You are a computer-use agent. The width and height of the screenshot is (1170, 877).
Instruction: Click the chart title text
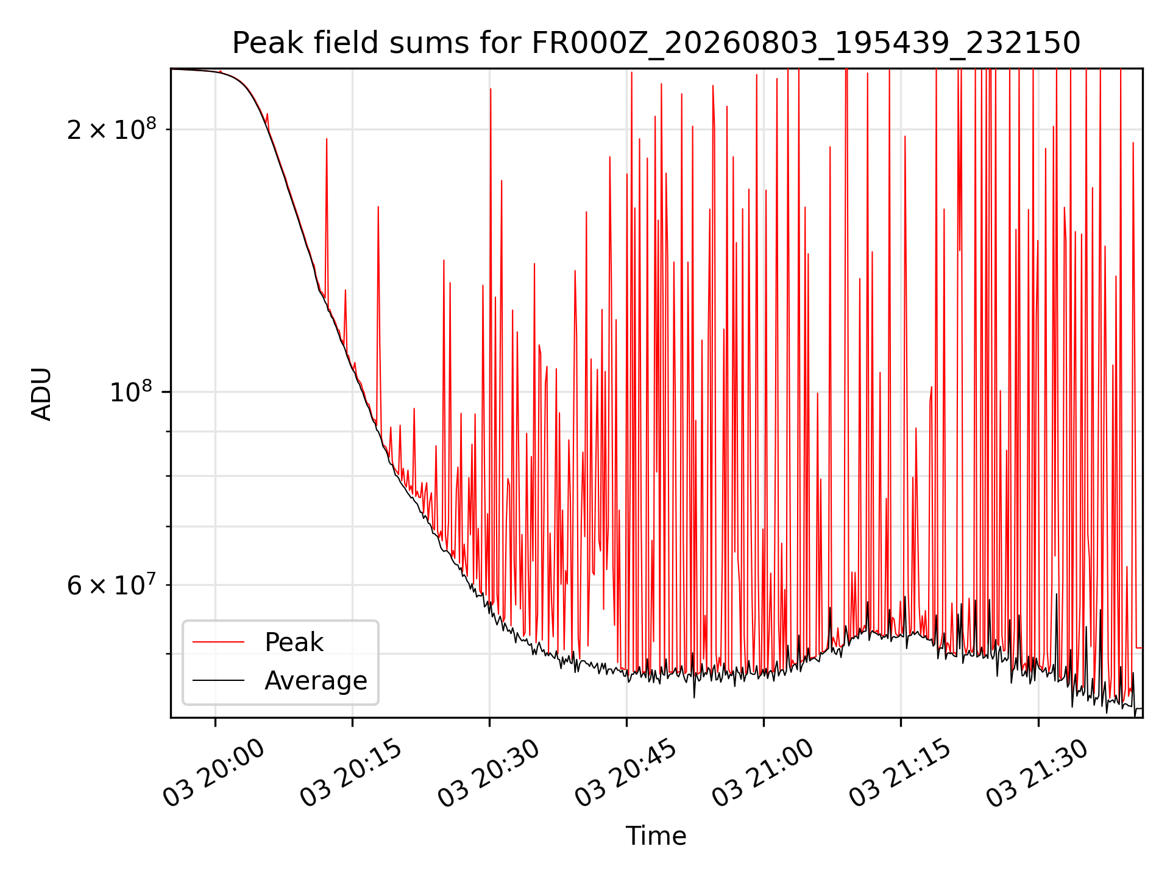click(656, 43)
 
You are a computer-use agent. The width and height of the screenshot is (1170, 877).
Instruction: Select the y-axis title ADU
click(41, 394)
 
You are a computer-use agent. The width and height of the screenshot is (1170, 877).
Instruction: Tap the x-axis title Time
click(656, 836)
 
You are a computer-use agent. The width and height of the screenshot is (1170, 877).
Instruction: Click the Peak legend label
click(294, 643)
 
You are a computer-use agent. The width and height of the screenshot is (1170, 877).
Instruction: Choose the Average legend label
click(316, 681)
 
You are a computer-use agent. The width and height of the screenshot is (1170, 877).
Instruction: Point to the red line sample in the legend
click(218, 642)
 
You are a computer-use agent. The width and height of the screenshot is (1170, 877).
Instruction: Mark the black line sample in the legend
click(218, 680)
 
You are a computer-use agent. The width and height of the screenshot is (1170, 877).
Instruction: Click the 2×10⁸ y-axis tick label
click(112, 129)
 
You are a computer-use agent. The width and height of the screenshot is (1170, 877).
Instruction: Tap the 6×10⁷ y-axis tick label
click(112, 585)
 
